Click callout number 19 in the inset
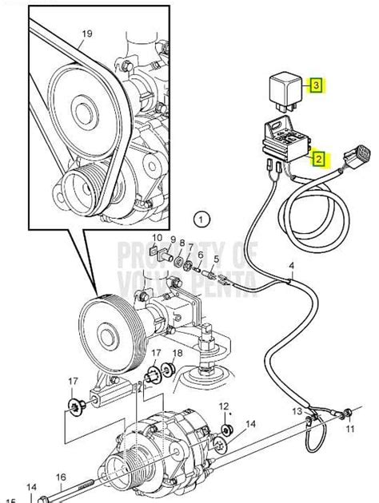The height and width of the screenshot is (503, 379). [86, 34]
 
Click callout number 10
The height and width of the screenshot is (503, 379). [157, 238]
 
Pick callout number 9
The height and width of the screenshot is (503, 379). [172, 239]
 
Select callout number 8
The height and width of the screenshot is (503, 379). [182, 244]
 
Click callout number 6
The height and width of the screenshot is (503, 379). [201, 255]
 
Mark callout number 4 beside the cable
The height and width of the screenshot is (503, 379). [292, 265]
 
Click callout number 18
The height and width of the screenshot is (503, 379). [178, 352]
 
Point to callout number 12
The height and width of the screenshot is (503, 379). [224, 406]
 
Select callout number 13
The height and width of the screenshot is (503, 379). [297, 411]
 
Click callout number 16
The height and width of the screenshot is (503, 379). [60, 477]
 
